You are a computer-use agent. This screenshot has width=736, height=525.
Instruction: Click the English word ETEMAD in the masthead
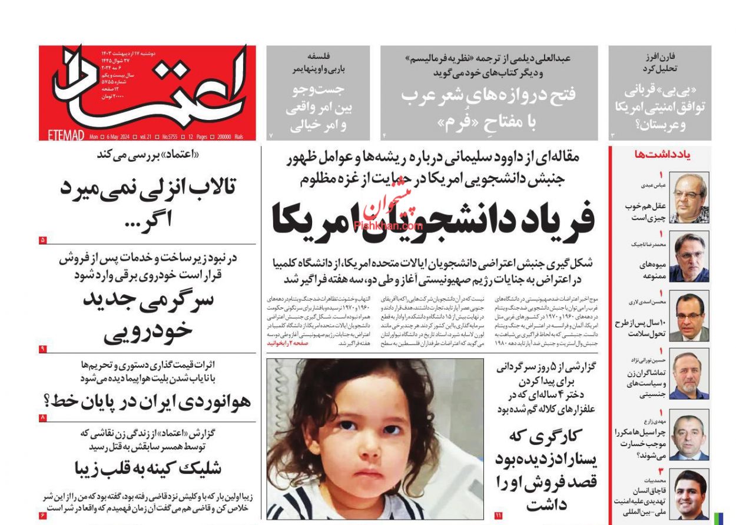[66, 136]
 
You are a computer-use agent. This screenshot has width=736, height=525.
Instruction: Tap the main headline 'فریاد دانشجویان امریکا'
[433, 219]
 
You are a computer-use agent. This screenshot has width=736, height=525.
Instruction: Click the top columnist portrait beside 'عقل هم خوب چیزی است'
[689, 198]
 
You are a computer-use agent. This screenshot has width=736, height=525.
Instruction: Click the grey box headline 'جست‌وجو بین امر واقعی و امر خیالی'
[317, 108]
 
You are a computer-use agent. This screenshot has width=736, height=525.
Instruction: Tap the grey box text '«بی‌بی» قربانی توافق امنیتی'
[659, 107]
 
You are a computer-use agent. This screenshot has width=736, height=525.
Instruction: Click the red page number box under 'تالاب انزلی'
[43, 240]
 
